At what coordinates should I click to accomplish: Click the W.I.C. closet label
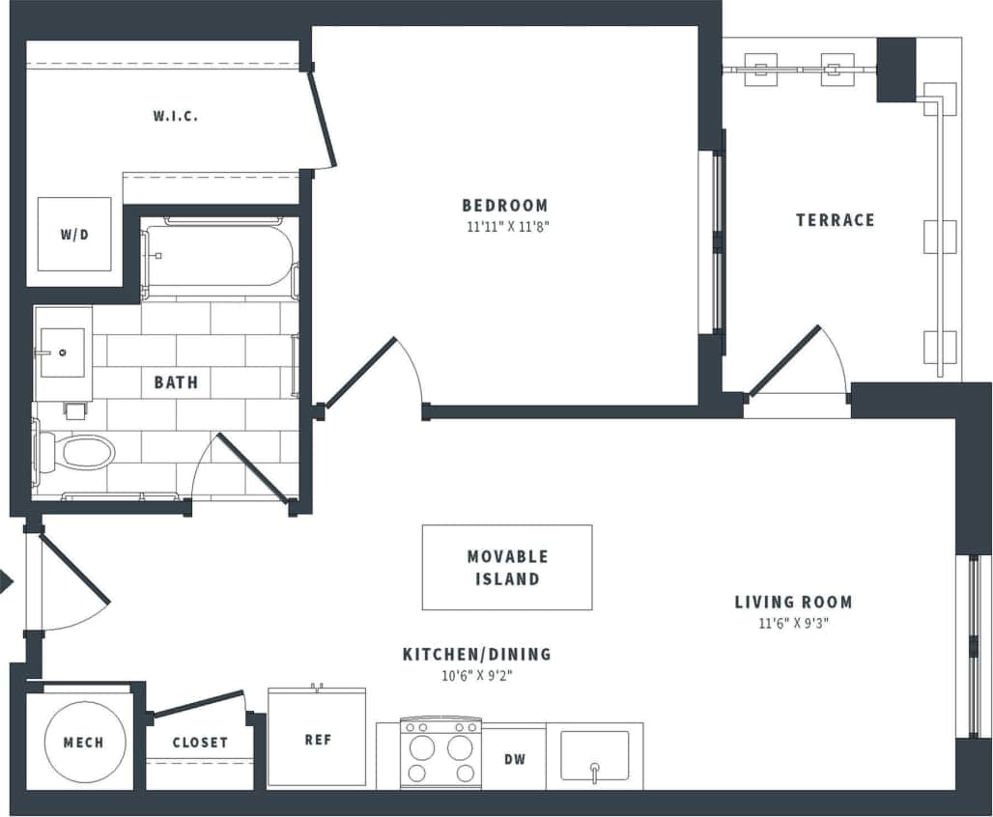pos(175,116)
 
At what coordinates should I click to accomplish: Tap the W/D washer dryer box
pos(74,235)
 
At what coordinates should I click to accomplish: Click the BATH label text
pos(176,382)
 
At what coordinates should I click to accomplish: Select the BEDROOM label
pos(504,205)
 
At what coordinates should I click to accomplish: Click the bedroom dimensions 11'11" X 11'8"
pos(504,228)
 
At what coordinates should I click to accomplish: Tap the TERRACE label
pos(835,220)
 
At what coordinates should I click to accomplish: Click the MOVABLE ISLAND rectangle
pos(506,568)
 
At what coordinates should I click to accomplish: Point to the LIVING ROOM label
pos(793,602)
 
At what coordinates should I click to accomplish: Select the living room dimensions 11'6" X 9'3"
pos(793,624)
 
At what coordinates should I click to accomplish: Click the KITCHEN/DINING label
pos(476,654)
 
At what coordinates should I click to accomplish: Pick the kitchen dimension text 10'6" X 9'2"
pos(476,676)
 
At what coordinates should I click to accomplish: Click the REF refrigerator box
pos(317,739)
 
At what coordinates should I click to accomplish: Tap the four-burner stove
pos(440,755)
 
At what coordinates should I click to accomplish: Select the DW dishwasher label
pos(515,760)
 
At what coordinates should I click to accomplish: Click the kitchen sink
pos(595,756)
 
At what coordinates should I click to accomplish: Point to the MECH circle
pos(84,743)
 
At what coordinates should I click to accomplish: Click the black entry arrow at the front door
pos(6,581)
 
